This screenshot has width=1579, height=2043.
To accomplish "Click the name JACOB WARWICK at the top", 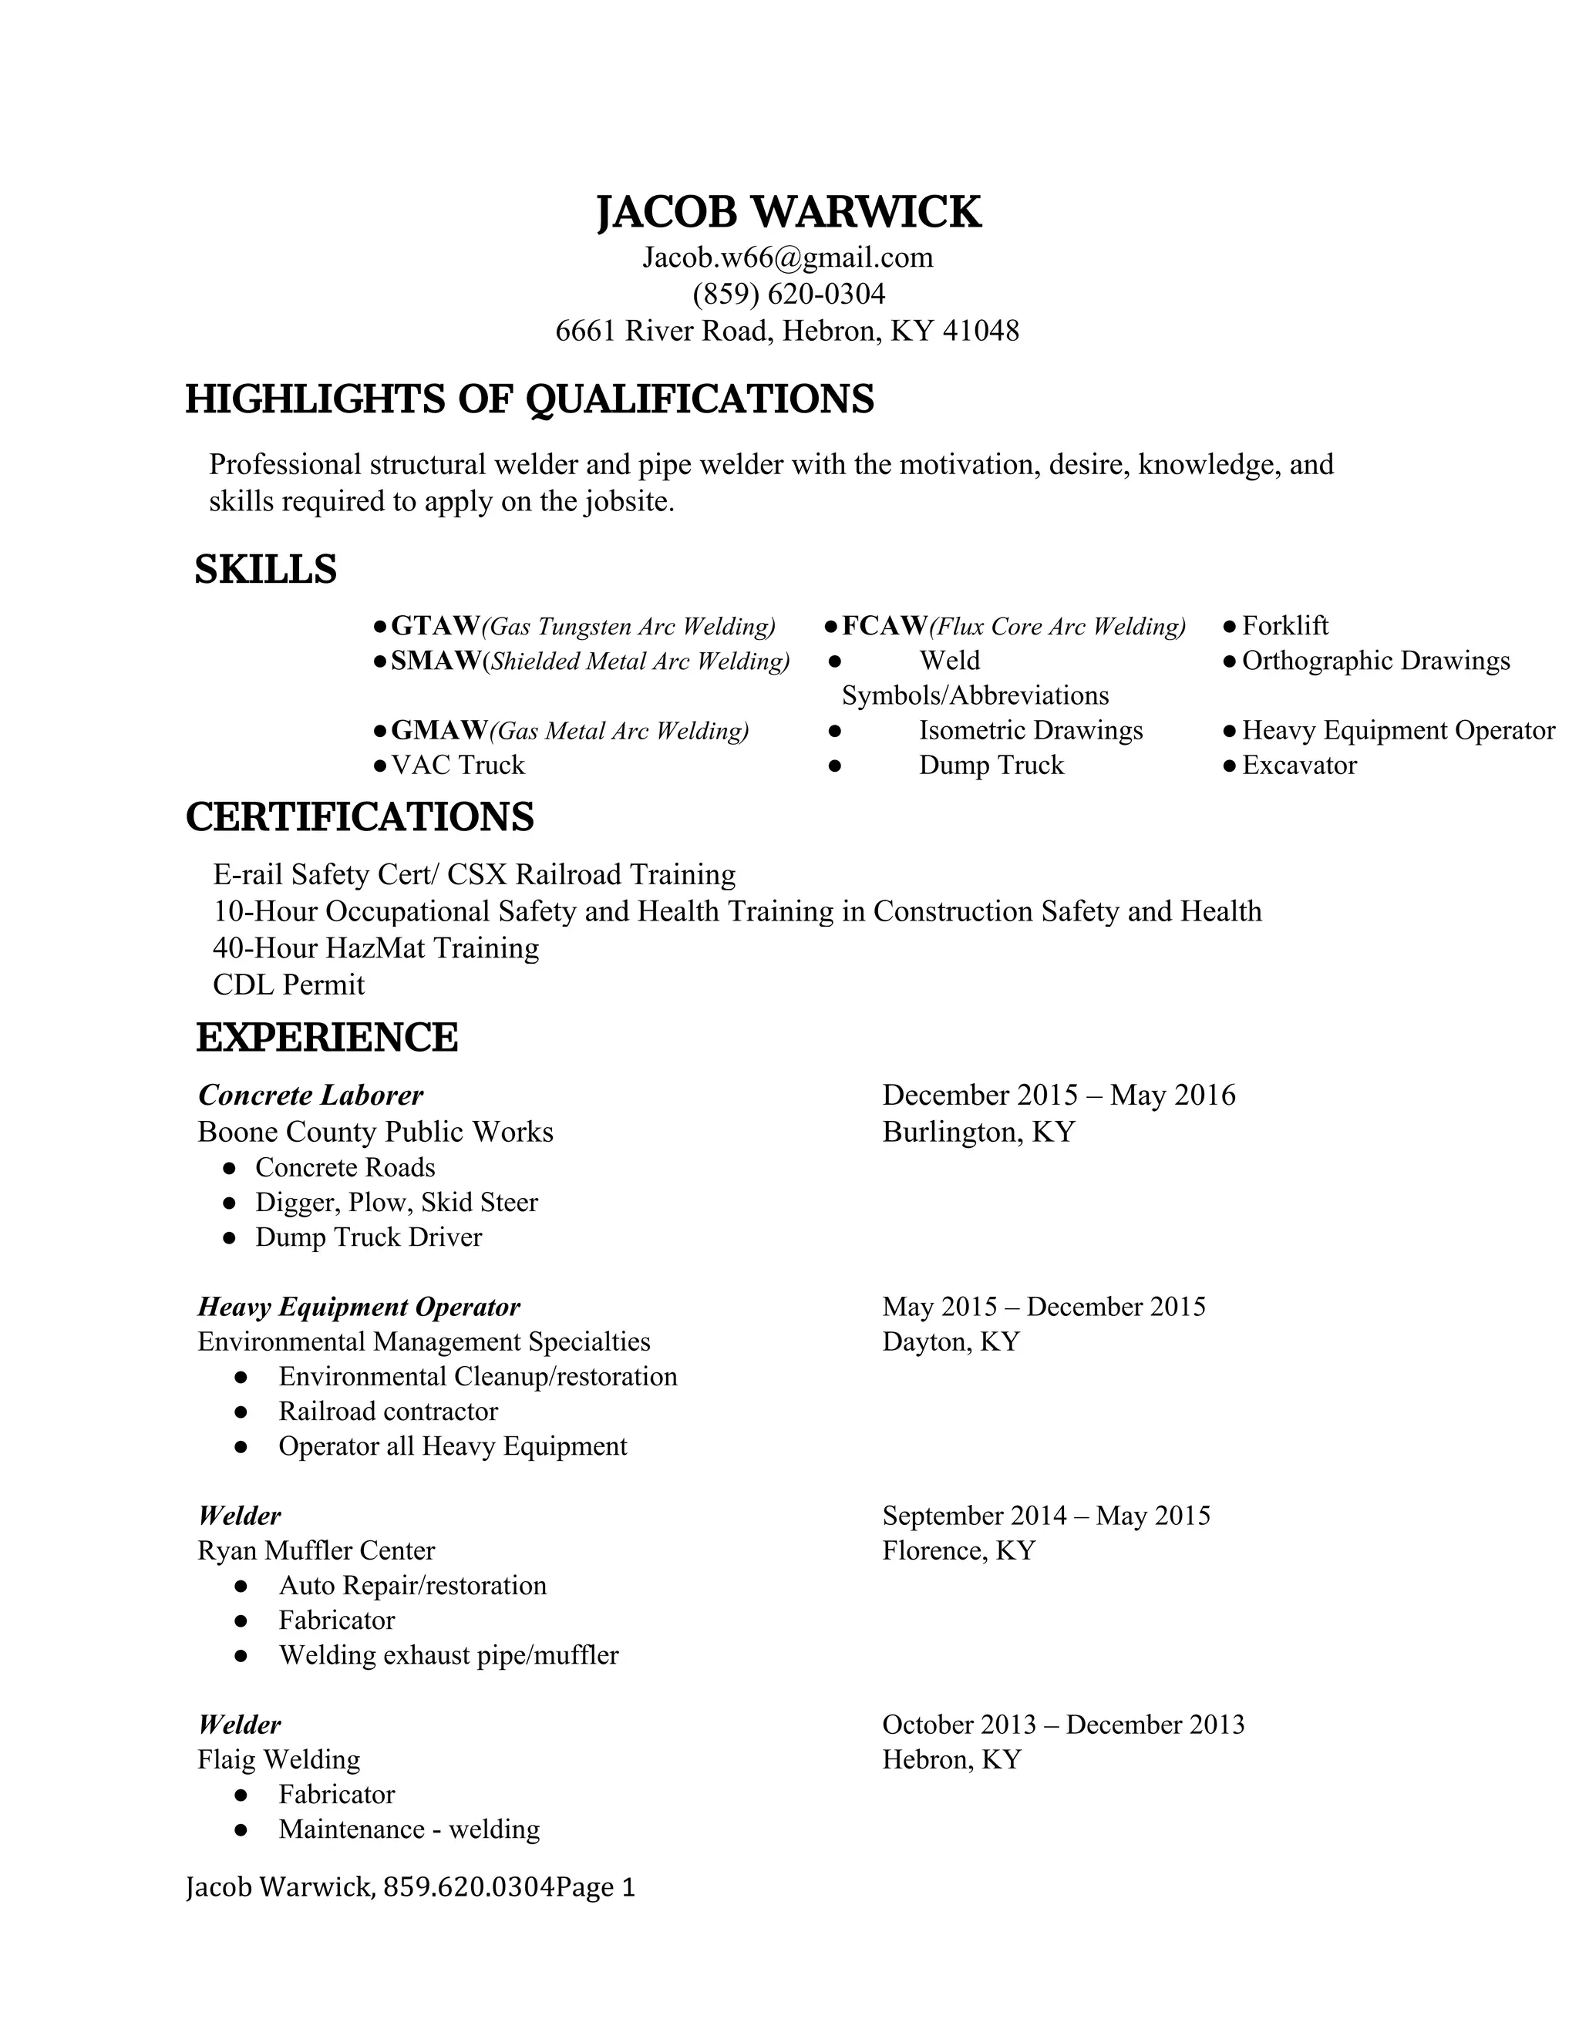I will click(x=789, y=212).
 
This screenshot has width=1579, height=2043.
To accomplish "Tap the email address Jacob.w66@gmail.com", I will click(x=788, y=257).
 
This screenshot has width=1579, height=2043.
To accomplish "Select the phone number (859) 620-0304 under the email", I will click(x=789, y=294).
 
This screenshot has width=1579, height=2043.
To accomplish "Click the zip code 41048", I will click(x=981, y=330).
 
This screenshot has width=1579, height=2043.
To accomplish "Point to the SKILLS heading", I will click(x=266, y=570).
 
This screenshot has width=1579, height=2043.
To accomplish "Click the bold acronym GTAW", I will click(x=435, y=625).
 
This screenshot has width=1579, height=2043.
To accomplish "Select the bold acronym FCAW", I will click(x=885, y=625).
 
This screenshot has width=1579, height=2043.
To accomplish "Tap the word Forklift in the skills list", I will click(x=1285, y=625).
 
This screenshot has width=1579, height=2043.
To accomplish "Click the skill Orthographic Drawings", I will click(x=1375, y=661).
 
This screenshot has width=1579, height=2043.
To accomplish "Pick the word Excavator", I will click(x=1298, y=766).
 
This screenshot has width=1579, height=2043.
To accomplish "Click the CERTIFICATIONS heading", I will click(x=360, y=816).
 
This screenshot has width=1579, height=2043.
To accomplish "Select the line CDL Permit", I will click(x=289, y=984).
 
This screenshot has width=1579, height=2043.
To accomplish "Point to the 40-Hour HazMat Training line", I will click(x=376, y=947).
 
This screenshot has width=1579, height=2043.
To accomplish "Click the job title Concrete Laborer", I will click(x=311, y=1095).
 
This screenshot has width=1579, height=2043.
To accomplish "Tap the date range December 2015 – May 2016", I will click(x=1059, y=1095).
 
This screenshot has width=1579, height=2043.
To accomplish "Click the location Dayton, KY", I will click(x=951, y=1341).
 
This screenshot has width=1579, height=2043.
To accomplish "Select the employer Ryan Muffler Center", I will click(x=316, y=1550).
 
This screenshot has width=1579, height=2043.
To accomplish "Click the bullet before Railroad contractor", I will click(x=241, y=1412).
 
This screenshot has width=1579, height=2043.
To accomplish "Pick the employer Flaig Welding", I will click(x=279, y=1759).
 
